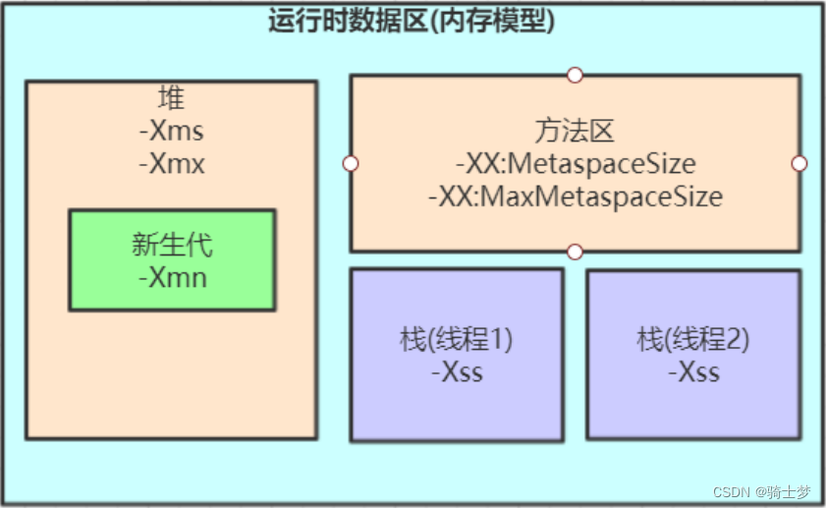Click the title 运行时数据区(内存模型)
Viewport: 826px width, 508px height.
point(412,21)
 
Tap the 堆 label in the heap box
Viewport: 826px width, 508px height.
point(171,98)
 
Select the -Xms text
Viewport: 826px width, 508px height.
point(171,131)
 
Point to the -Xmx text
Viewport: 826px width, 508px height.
point(171,163)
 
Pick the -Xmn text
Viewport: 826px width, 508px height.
point(172,277)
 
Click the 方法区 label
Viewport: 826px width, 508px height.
point(575,131)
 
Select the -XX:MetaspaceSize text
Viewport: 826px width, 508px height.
point(575,163)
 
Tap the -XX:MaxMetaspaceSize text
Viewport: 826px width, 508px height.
point(575,197)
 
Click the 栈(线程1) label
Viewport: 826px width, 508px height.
point(457,341)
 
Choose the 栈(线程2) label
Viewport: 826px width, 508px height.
point(693,341)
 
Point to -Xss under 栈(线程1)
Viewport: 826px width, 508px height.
point(457,373)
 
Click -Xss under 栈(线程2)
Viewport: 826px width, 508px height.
point(693,373)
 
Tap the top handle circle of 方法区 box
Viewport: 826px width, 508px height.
point(576,75)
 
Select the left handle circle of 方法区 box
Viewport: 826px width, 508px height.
point(351,163)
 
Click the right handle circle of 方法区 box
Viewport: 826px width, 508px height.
point(799,163)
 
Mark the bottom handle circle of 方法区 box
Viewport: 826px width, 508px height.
point(576,252)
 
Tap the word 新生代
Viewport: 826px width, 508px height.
point(172,245)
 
